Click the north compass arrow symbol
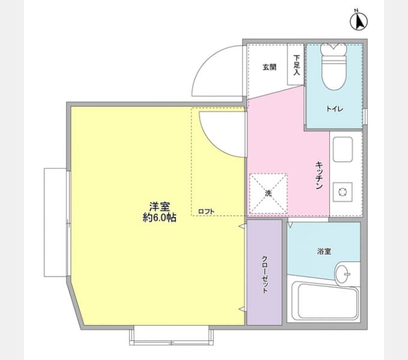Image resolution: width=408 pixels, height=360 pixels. pyautogui.click(x=359, y=22)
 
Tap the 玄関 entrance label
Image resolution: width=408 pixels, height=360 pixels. pyautogui.click(x=269, y=67)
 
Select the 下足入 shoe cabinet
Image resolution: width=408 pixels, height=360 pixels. pyautogui.click(x=296, y=65)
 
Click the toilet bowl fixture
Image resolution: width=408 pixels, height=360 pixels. pyautogui.click(x=334, y=67)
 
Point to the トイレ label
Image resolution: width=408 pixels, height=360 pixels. pyautogui.click(x=335, y=109)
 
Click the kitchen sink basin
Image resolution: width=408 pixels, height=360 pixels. pyautogui.click(x=343, y=149)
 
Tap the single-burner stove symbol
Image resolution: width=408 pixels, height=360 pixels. pyautogui.click(x=343, y=192)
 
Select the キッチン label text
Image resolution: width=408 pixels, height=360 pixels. pyautogui.click(x=319, y=176)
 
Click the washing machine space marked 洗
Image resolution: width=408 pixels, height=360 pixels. pyautogui.click(x=268, y=194)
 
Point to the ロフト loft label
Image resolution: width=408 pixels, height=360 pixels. pyautogui.click(x=206, y=211)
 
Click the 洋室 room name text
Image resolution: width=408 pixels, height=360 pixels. pyautogui.click(x=160, y=206)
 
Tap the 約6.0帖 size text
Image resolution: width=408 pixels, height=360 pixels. pyautogui.click(x=160, y=217)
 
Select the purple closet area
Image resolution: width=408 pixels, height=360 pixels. pyautogui.click(x=264, y=272)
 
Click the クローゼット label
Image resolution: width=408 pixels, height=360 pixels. pyautogui.click(x=265, y=275)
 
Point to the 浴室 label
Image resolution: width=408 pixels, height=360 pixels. pyautogui.click(x=324, y=251)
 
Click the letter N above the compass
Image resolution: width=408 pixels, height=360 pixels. pyautogui.click(x=356, y=10)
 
